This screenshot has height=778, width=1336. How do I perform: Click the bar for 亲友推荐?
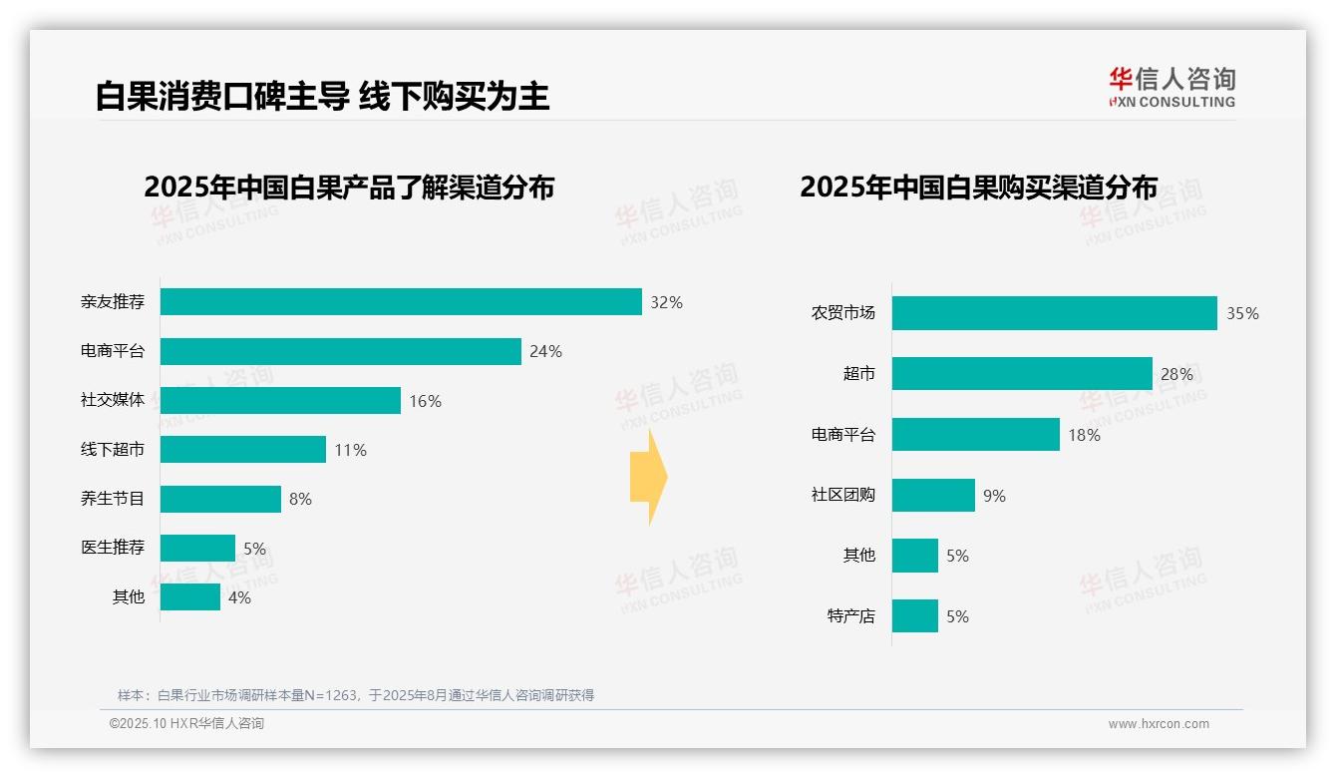(x=401, y=302)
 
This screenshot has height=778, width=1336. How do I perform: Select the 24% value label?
(x=545, y=351)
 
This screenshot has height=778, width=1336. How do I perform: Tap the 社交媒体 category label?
(x=113, y=400)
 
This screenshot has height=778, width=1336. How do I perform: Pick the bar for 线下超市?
(x=243, y=450)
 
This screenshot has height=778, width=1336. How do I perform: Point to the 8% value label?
(x=300, y=499)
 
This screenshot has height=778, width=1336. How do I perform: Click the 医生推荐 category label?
(x=113, y=548)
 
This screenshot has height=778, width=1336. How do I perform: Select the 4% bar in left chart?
(x=190, y=597)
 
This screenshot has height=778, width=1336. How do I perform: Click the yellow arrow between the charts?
(x=648, y=477)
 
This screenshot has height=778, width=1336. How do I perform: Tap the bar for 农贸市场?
(x=1054, y=313)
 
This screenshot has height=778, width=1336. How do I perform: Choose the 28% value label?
(x=1176, y=375)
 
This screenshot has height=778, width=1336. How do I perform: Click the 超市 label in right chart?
(x=858, y=374)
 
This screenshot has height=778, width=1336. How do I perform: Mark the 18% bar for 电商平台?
(x=975, y=435)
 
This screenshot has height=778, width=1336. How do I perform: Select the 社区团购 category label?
(x=843, y=495)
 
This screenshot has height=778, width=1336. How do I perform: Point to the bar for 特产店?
(x=915, y=616)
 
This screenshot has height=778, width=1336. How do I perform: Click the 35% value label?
(x=1242, y=313)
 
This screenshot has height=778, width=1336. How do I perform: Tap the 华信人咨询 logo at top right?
(x=1171, y=87)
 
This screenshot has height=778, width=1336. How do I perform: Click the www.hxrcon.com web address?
(x=1159, y=724)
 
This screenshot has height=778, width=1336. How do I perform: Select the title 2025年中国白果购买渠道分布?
(x=978, y=188)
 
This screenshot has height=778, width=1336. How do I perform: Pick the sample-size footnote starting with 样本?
(x=356, y=695)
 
